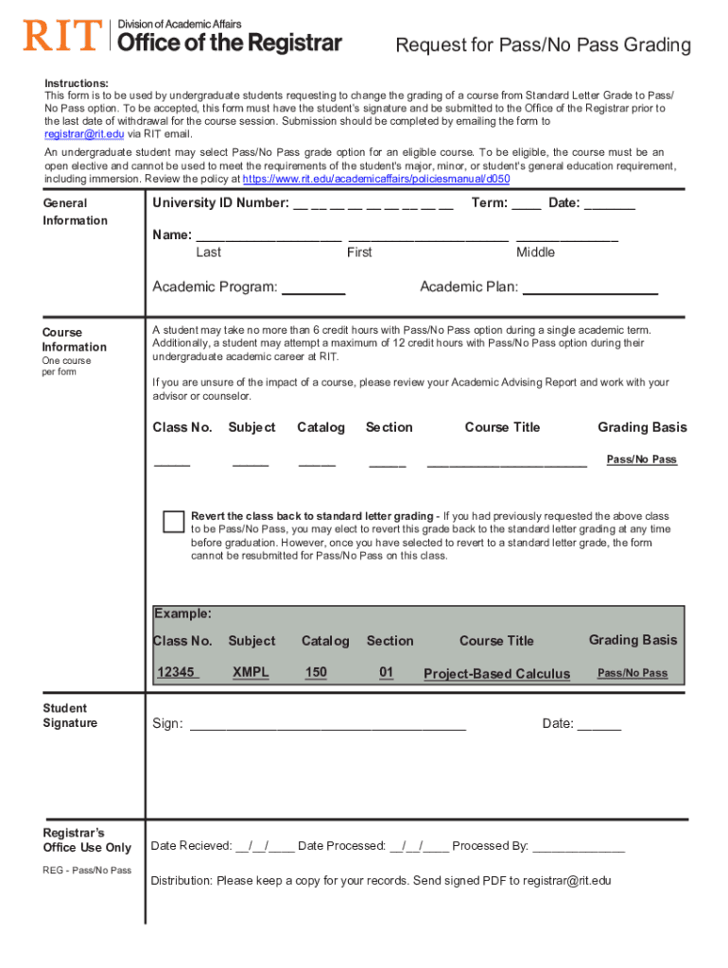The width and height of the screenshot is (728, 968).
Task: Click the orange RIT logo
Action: (x=61, y=36)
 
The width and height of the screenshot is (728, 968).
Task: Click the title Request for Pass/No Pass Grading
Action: (x=543, y=45)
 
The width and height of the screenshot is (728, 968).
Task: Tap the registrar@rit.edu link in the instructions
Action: (x=84, y=134)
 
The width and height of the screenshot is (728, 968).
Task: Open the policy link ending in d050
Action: (x=376, y=178)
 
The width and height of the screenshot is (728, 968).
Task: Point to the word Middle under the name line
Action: (x=535, y=252)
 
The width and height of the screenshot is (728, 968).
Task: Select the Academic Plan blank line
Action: (x=590, y=290)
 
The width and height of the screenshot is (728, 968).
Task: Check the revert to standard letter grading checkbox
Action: (x=174, y=522)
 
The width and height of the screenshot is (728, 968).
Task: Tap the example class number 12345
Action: (x=176, y=672)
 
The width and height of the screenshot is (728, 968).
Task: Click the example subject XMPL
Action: (x=251, y=672)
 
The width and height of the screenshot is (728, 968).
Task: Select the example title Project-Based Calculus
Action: (x=496, y=674)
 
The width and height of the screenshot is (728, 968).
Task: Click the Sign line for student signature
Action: (x=328, y=726)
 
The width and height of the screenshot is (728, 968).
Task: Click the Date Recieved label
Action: (x=191, y=846)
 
